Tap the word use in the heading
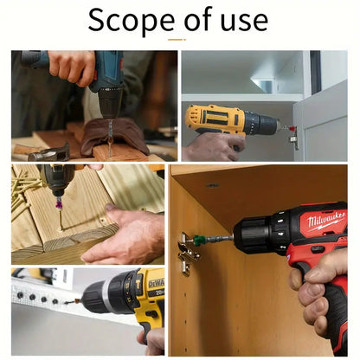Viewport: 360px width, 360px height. pos(244,21)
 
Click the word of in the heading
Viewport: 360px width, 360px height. pos(198,19)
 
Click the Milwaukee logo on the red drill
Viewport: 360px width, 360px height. pos(327,222)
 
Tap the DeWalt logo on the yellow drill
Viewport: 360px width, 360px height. pos(157,284)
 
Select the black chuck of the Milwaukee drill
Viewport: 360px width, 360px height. pos(253,235)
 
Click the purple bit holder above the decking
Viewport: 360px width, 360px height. pos(60,204)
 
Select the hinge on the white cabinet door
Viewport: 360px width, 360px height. pos(294,138)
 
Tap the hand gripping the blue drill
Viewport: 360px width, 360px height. pos(72,67)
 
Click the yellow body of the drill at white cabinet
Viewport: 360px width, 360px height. pos(215,119)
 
